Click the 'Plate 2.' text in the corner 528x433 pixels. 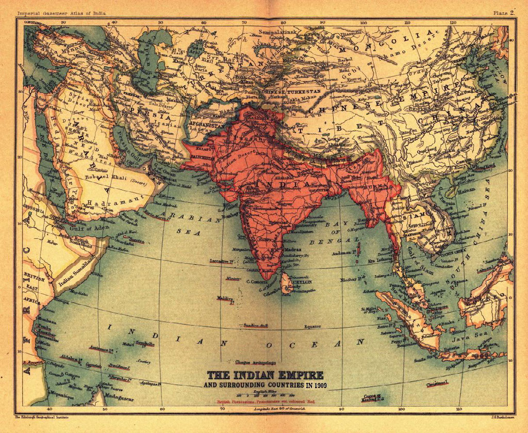503,13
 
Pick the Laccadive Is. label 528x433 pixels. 222,262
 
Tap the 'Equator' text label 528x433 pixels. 312,326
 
